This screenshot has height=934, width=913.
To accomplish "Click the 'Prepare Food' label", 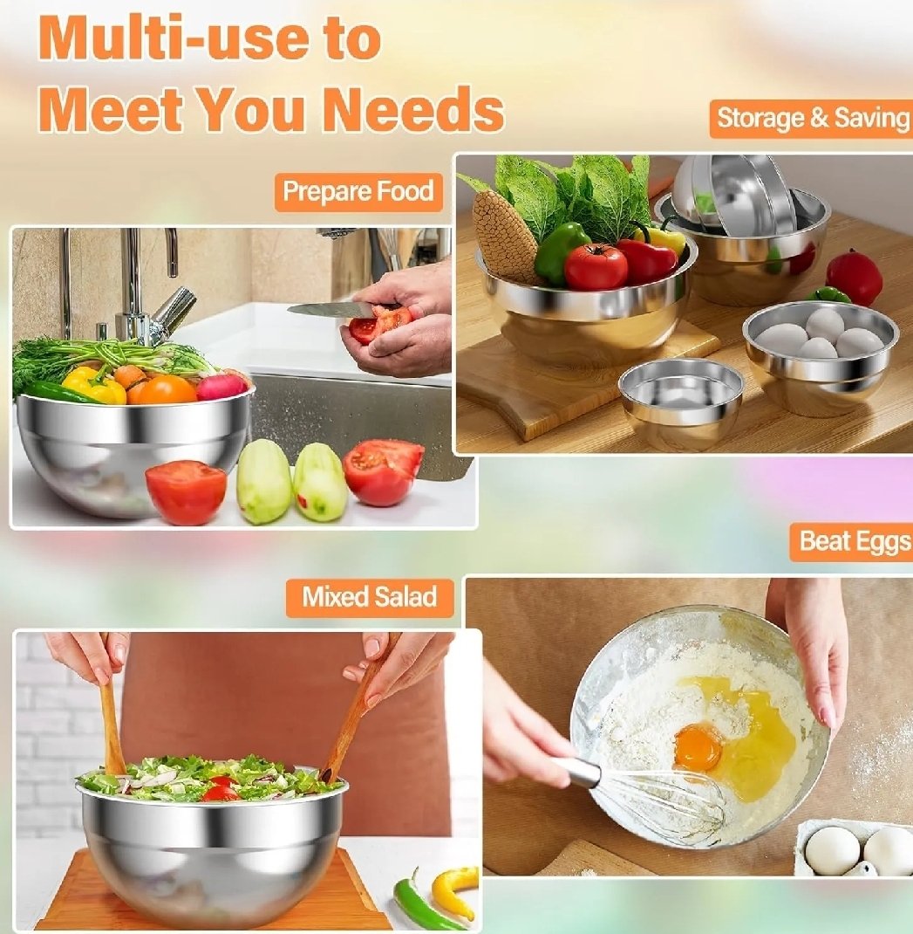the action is [358, 192].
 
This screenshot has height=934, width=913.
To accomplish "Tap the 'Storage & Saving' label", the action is [812, 119].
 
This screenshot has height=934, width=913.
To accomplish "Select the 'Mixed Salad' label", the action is [370, 597].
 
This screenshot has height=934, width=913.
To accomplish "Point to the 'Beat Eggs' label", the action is [852, 541].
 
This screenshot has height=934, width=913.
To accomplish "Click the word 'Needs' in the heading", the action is [415, 108].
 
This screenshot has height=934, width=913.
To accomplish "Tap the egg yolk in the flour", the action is [698, 747].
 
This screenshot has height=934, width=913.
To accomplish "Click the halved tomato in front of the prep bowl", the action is [187, 492].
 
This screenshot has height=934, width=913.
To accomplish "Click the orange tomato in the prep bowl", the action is [163, 390].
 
